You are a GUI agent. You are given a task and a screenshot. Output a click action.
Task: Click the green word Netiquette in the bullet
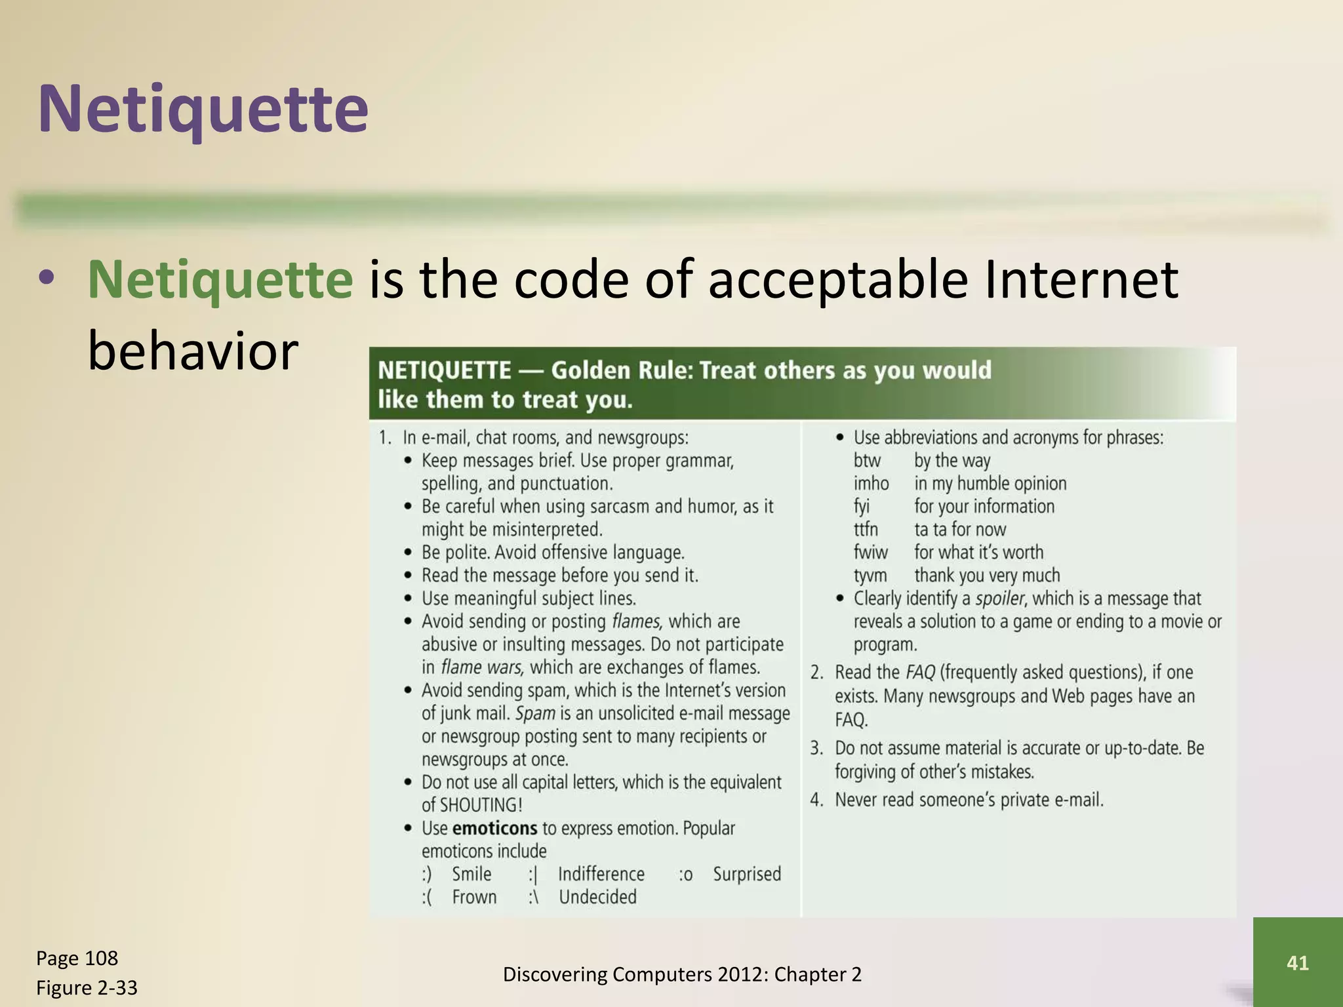[220, 280]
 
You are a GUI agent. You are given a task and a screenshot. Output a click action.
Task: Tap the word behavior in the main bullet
[193, 351]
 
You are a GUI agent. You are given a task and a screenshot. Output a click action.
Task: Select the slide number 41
[1297, 962]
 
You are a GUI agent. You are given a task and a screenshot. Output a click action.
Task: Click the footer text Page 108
[77, 958]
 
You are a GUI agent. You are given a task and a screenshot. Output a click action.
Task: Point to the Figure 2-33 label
[87, 987]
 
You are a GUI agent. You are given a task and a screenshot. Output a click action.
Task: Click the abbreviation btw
[867, 461]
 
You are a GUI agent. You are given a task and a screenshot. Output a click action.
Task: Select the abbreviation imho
[871, 484]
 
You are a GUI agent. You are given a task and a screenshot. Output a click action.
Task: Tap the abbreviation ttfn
[866, 530]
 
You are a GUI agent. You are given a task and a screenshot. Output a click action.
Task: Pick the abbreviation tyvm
[870, 576]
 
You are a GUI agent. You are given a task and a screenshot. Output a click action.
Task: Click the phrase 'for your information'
[984, 507]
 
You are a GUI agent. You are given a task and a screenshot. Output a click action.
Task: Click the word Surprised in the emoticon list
[747, 874]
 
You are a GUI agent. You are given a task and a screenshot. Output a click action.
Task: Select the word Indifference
[601, 874]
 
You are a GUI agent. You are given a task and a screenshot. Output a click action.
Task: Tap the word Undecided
[597, 897]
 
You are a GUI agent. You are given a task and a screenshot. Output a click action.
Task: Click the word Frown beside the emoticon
[474, 897]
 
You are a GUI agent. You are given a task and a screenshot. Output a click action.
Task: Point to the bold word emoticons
[494, 828]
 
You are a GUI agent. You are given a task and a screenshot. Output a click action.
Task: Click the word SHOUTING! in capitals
[481, 805]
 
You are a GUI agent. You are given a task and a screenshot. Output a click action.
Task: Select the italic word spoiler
[999, 599]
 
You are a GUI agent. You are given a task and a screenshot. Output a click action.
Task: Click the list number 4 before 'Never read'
[816, 800]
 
